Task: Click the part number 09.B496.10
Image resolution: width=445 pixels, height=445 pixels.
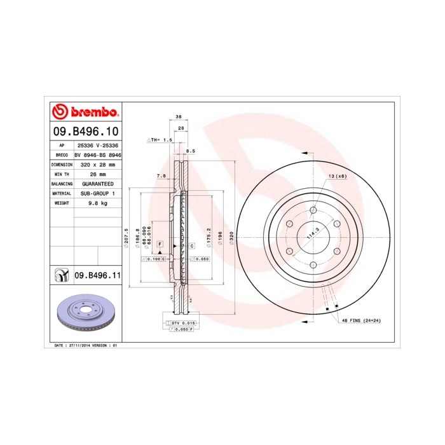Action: click(85, 132)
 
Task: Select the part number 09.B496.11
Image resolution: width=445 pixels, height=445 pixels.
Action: click(97, 275)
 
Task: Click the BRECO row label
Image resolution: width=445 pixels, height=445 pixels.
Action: click(62, 154)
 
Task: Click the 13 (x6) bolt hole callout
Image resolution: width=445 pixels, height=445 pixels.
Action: click(337, 175)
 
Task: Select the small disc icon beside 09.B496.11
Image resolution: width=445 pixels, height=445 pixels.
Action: click(61, 275)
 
